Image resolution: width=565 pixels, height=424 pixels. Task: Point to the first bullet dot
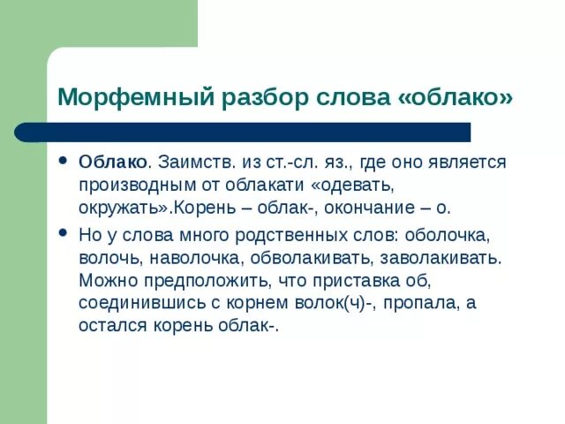[63, 163]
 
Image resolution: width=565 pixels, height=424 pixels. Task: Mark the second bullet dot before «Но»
[63, 233]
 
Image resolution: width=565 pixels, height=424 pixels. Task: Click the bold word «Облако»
[112, 164]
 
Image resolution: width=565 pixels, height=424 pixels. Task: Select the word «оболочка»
[444, 238]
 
